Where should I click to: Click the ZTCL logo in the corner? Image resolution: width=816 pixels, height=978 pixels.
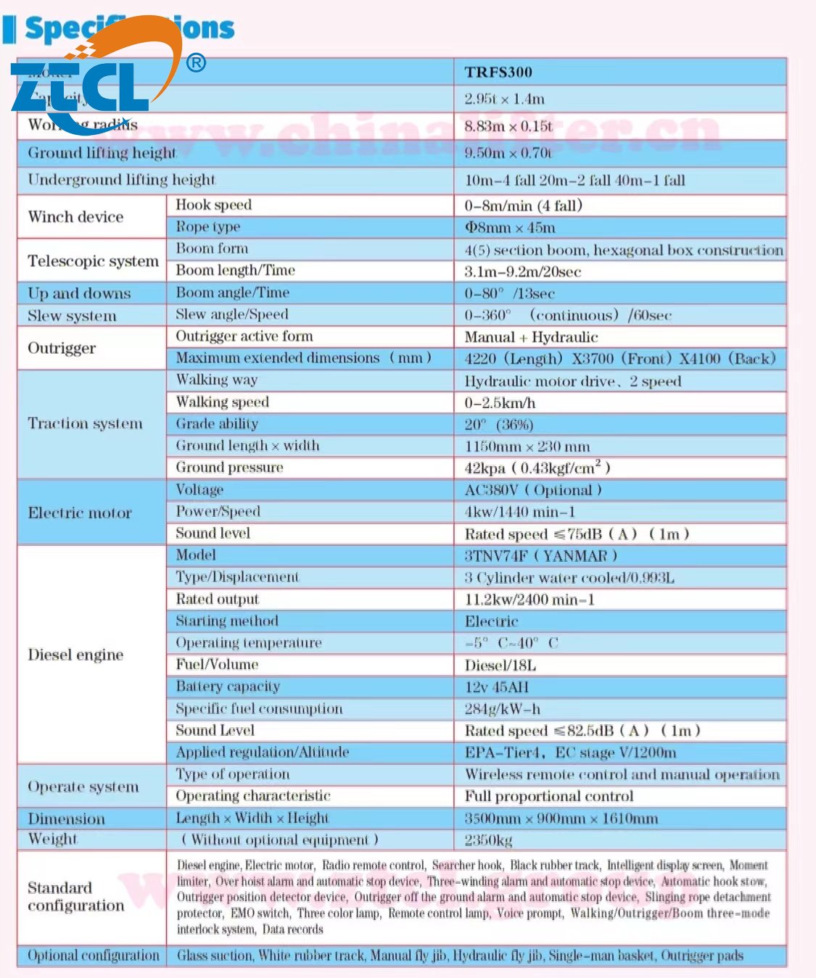click(94, 80)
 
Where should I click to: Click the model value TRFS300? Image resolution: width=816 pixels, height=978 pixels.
click(498, 72)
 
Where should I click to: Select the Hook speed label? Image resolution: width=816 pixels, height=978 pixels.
click(213, 205)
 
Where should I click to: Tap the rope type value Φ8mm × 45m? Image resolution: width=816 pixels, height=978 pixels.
click(510, 228)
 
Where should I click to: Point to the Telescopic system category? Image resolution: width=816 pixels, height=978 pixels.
click(93, 261)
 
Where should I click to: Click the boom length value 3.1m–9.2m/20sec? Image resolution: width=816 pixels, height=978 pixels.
click(522, 272)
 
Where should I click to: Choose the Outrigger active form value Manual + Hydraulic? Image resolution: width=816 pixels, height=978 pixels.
click(531, 337)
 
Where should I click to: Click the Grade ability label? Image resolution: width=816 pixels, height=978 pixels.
click(216, 423)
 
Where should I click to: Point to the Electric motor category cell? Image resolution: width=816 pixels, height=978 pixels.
click(80, 513)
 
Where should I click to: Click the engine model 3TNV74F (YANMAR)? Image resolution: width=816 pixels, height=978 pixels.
click(540, 556)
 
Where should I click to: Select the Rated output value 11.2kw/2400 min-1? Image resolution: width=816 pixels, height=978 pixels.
click(529, 600)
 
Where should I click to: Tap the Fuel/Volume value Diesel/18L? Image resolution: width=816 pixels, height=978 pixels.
click(500, 665)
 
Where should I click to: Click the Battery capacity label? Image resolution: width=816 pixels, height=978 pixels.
click(227, 687)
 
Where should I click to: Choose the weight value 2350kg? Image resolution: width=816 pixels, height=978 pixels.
click(488, 840)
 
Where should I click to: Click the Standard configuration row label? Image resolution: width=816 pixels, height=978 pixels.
click(75, 897)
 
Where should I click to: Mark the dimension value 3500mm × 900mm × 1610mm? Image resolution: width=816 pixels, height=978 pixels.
click(561, 819)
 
